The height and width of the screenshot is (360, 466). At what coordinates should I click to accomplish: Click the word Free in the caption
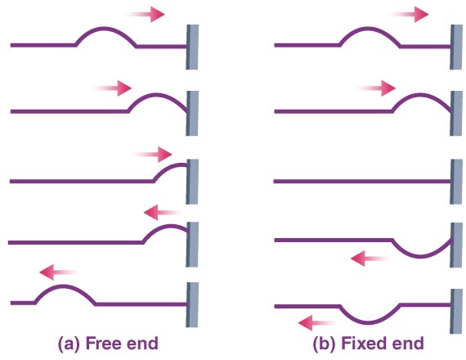pos(103,343)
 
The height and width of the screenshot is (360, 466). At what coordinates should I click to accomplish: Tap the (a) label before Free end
pos(69,344)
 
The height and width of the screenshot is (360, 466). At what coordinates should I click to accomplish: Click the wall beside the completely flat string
pos(456,182)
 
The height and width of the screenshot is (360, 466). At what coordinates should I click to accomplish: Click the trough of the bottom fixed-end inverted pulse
pos(370,322)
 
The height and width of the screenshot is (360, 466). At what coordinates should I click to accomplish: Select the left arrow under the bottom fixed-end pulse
pos(317,323)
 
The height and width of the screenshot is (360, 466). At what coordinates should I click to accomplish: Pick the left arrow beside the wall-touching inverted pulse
pos(370,259)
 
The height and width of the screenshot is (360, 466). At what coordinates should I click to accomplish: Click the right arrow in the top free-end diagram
pos(146,14)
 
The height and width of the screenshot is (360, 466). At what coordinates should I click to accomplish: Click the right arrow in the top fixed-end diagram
pos(410,14)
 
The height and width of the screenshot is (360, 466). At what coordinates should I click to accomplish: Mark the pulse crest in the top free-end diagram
pos(105,29)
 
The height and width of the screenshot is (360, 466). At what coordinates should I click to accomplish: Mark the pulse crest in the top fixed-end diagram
pos(370,29)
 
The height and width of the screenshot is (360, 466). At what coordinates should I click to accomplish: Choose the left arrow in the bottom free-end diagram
pos(59,272)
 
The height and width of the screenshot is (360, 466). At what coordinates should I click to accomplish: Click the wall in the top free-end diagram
pos(192,47)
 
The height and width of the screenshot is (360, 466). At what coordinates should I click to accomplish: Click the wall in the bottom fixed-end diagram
pos(456,311)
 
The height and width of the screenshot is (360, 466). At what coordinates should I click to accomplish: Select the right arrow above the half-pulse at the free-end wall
pos(152,155)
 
